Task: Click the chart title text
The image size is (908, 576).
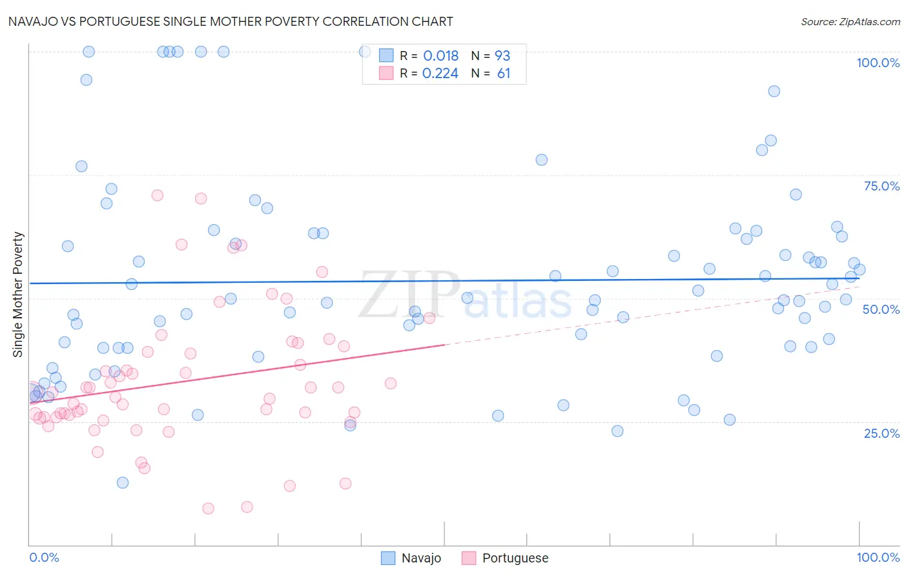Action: pos(231,21)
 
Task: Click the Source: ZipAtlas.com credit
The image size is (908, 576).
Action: pos(850,21)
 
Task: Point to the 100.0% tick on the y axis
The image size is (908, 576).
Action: pos(878,63)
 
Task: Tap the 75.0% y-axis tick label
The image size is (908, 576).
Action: pos(882,186)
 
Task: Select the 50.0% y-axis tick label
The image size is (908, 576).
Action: pos(881,309)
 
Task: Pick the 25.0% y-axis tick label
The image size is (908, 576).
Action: pos(882,433)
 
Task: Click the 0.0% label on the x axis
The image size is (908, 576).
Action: pos(44,557)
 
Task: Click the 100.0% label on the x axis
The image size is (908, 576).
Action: pos(878,557)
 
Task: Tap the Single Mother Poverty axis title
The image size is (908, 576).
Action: pos(18,294)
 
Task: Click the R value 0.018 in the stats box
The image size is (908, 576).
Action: pos(440,56)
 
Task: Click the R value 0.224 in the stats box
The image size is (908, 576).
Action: pos(440,74)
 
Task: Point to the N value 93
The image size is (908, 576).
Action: pos(502,56)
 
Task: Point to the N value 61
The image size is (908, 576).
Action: pos(504,74)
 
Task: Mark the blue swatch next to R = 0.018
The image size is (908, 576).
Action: pos(386,56)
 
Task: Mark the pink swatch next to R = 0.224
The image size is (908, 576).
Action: pos(386,73)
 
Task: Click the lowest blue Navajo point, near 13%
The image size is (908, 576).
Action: pos(123,482)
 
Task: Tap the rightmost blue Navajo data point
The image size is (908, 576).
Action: pos(860,270)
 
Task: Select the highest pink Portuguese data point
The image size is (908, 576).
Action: pos(157,195)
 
